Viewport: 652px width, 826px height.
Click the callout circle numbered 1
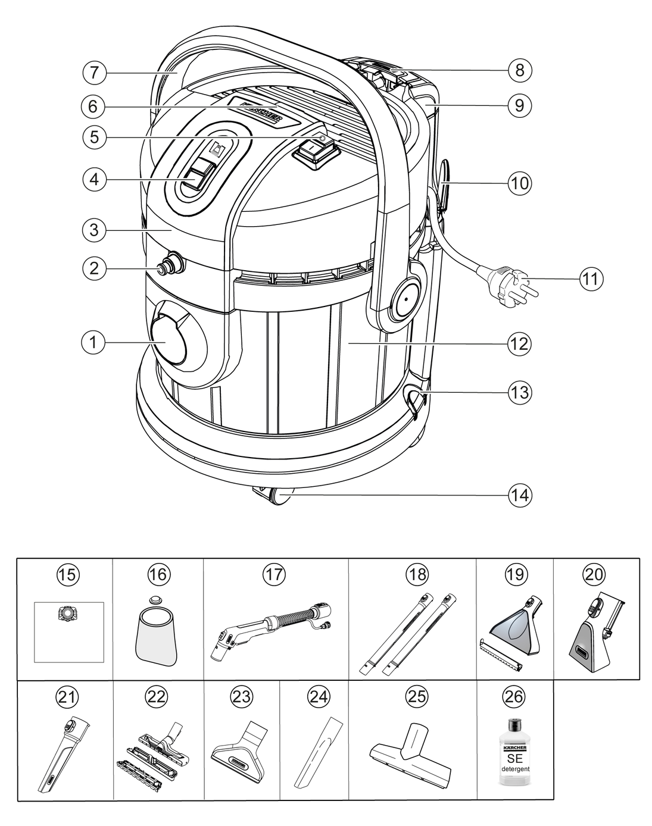coord(93,342)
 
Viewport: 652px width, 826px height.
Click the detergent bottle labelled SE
coord(514,756)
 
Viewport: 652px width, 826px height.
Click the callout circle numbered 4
coord(93,180)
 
